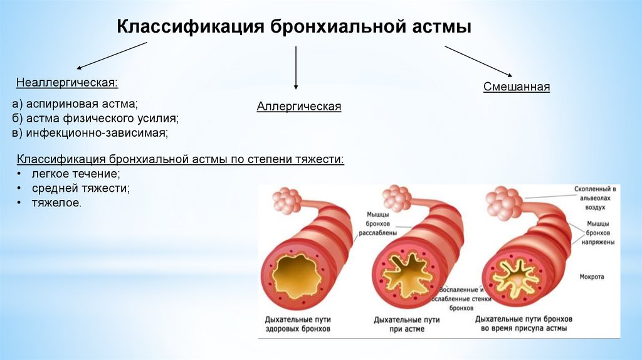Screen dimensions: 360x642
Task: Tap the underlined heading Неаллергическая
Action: tap(67, 82)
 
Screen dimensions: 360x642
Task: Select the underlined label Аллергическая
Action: tap(298, 107)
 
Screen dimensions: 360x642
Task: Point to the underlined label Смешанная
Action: tap(516, 87)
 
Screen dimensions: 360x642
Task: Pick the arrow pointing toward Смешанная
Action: tap(478, 61)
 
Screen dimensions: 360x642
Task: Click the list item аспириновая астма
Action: tap(78, 103)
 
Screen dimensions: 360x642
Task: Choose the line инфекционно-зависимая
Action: tap(92, 132)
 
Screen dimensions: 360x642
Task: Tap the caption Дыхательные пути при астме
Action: tap(406, 324)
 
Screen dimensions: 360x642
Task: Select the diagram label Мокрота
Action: tap(591, 276)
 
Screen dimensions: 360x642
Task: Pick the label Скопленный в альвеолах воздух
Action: tap(596, 197)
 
